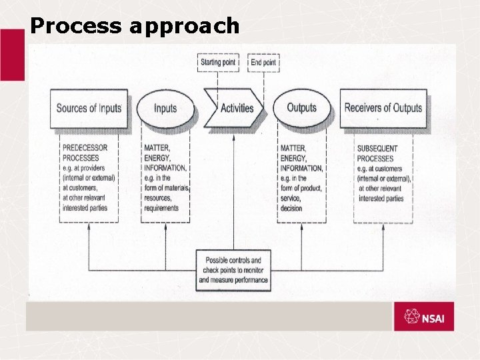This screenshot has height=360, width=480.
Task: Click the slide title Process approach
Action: pos(135,25)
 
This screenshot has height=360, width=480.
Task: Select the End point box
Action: pos(263,63)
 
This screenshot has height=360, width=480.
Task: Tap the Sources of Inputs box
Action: pos(89,108)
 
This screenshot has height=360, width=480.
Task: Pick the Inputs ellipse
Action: pos(165,108)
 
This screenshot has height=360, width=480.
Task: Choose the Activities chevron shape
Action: pos(235,108)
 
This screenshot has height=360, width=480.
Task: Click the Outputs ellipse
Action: pos(301,107)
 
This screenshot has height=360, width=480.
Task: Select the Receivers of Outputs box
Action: pos(383,107)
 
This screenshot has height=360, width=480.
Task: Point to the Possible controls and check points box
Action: pos(233,270)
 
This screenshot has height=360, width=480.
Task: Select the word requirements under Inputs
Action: pos(161,208)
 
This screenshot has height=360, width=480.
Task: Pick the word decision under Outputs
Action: pos(291,208)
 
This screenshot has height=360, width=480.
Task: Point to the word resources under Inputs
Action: pos(159,198)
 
